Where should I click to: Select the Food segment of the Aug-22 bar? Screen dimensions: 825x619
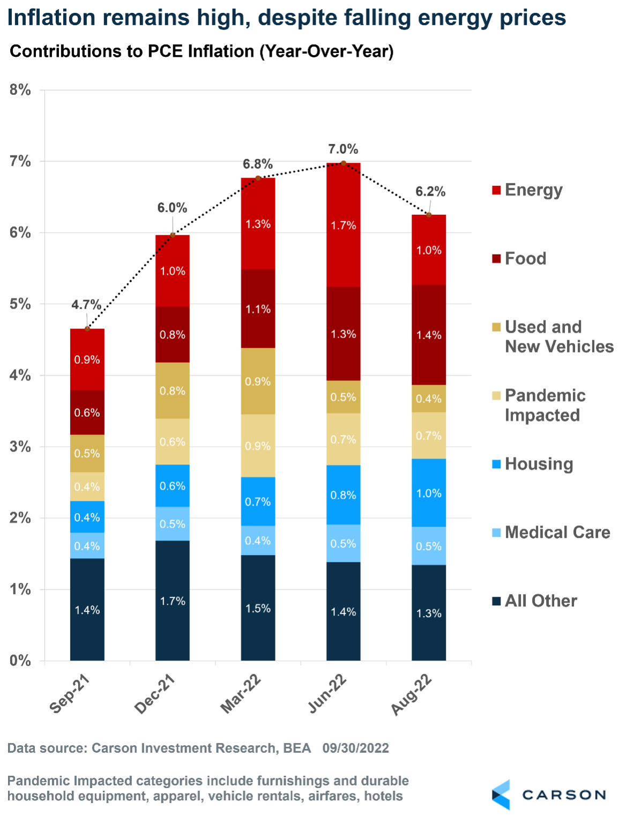click(429, 335)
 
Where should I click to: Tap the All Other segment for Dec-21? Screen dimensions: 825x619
click(173, 601)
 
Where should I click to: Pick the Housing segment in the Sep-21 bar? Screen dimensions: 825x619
click(87, 517)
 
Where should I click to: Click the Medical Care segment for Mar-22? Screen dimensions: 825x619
click(258, 541)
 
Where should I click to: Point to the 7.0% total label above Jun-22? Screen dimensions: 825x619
click(343, 149)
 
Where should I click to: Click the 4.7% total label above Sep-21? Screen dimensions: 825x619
click(86, 305)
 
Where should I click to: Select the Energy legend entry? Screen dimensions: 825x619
click(527, 190)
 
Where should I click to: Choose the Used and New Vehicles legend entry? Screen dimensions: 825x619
click(552, 336)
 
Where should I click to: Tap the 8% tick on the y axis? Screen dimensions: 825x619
click(20, 90)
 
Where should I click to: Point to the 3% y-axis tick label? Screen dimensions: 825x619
click(20, 447)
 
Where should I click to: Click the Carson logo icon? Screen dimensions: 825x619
click(501, 794)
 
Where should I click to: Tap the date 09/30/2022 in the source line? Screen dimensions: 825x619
click(355, 748)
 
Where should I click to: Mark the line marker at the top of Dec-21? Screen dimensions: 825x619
click(173, 235)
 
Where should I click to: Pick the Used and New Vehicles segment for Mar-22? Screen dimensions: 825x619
click(258, 381)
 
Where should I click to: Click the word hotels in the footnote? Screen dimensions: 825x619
click(383, 796)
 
